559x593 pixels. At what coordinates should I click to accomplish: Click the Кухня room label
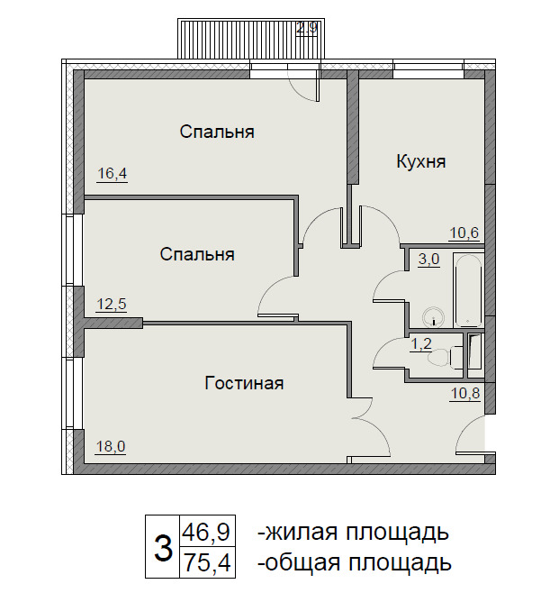click(x=421, y=162)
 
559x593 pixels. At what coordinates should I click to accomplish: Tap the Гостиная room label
click(x=244, y=384)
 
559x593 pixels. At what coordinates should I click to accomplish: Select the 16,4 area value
click(x=113, y=174)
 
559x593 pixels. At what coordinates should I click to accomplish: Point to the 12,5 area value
click(x=112, y=304)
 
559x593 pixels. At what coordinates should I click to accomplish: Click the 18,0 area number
click(x=111, y=447)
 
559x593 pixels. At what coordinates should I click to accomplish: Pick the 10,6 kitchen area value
click(x=464, y=232)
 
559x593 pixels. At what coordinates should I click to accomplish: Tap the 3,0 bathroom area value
click(x=429, y=260)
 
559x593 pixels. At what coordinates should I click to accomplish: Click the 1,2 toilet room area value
click(x=421, y=343)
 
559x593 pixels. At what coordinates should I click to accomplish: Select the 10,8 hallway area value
click(x=465, y=393)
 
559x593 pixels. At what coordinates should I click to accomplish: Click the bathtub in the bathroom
click(x=468, y=290)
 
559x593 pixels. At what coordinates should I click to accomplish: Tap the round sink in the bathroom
click(x=433, y=316)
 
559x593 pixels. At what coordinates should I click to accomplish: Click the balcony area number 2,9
click(x=307, y=29)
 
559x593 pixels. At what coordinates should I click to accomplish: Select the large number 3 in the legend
click(x=164, y=547)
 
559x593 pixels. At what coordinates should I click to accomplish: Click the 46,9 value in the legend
click(x=207, y=532)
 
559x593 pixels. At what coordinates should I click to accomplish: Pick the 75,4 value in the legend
click(x=207, y=562)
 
